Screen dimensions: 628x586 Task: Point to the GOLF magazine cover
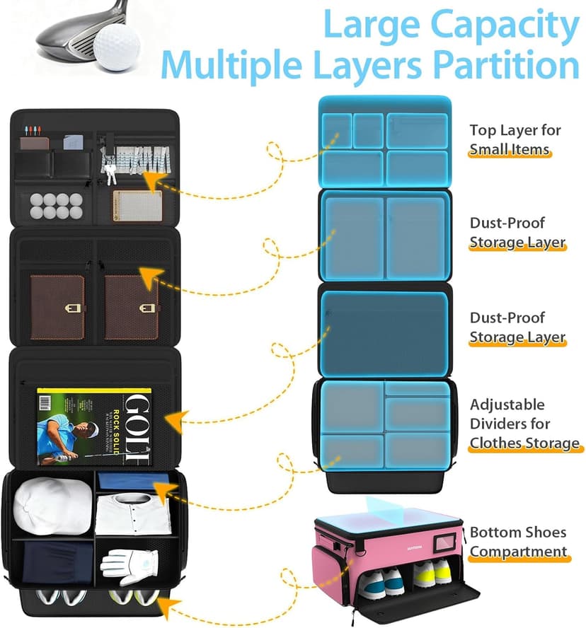(x=95, y=427)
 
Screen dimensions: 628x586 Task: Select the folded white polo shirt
(x=132, y=515)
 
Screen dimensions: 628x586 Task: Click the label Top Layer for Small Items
(x=515, y=139)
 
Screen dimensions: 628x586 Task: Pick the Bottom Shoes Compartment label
(x=519, y=542)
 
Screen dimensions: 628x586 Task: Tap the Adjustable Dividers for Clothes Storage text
(x=524, y=424)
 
